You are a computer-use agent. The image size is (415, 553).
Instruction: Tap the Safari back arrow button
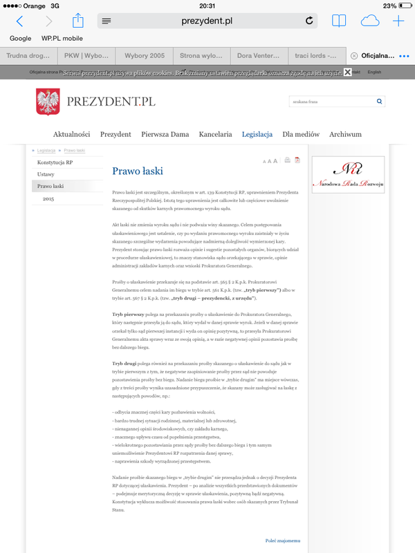coord(19,21)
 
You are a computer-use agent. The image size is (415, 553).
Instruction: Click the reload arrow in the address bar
coord(309,21)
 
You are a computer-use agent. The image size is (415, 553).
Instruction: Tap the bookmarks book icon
coord(338,21)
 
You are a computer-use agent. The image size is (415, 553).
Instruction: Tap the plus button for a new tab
coord(398,21)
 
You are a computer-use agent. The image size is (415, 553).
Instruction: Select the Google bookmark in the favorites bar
coord(21,39)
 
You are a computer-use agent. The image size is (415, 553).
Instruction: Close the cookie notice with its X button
coord(347,72)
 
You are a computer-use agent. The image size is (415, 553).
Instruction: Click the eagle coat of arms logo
coord(48,102)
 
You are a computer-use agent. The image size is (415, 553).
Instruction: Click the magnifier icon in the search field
coord(380,102)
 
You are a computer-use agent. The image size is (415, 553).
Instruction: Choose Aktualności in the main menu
coord(72,134)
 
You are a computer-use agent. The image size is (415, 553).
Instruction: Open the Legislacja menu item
coord(257,134)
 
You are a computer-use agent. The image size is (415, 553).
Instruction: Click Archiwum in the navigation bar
coord(345,134)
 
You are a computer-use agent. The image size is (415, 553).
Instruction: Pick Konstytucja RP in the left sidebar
coord(55,162)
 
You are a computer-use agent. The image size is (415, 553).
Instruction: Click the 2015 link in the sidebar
coord(48,198)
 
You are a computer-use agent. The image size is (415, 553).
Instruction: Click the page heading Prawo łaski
coord(138,170)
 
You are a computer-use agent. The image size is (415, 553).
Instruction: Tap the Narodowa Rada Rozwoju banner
coord(348,175)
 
